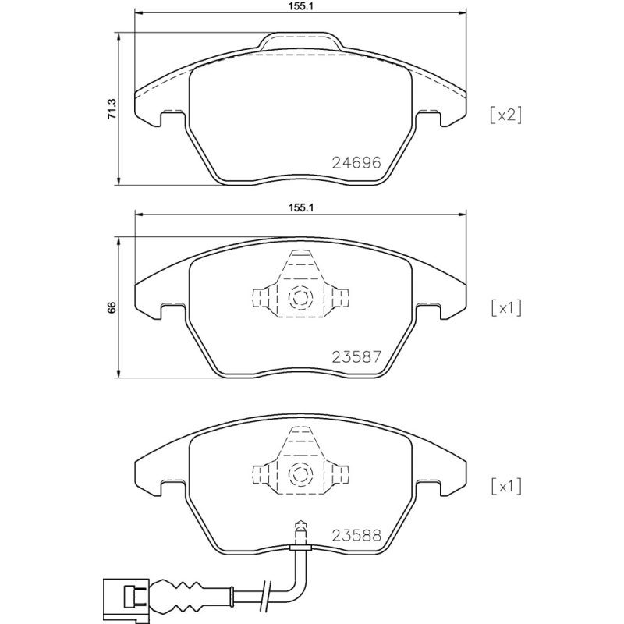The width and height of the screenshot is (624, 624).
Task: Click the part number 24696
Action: click(x=355, y=164)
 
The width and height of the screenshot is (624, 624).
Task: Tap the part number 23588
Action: click(x=355, y=536)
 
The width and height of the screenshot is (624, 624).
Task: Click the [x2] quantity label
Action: click(x=504, y=115)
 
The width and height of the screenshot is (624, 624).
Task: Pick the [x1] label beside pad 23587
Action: click(x=504, y=307)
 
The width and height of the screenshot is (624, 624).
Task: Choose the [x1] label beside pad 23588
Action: click(x=504, y=487)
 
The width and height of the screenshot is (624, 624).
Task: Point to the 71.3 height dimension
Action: click(x=112, y=108)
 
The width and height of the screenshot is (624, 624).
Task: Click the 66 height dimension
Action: click(x=112, y=307)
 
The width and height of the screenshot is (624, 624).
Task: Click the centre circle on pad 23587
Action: click(x=300, y=297)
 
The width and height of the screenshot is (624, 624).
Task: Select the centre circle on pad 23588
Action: click(x=300, y=473)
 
